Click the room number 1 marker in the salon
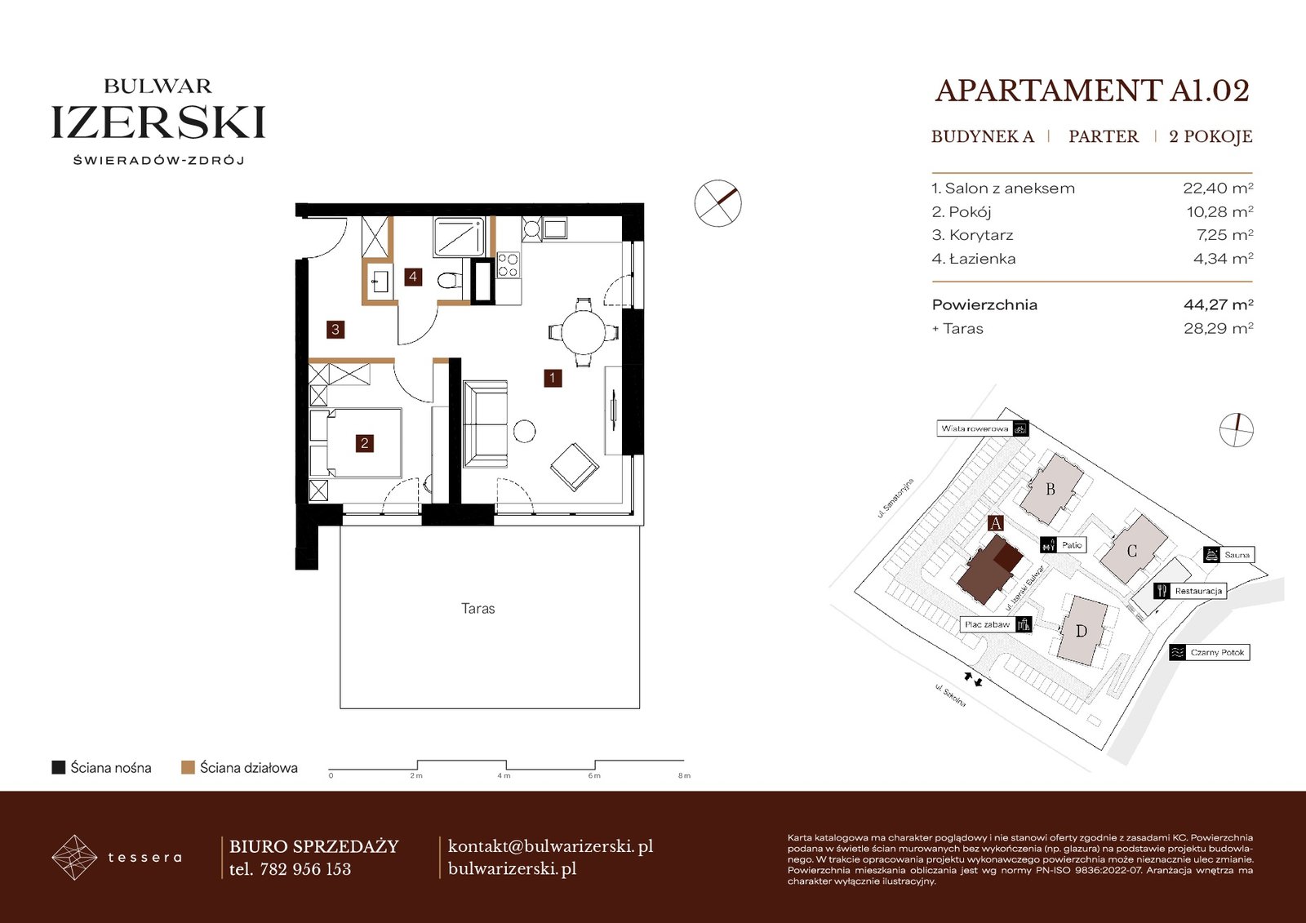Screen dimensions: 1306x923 click(552, 378)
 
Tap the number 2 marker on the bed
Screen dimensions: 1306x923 click(364, 444)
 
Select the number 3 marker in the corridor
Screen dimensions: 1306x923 click(335, 330)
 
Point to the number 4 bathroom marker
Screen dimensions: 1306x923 click(413, 277)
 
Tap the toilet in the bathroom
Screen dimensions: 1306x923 click(450, 281)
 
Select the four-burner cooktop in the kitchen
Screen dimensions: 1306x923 click(508, 264)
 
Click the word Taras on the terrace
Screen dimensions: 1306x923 click(478, 609)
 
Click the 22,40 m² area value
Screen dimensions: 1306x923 click(1218, 188)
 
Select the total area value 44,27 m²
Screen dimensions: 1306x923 click(1219, 304)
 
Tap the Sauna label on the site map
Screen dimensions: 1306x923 click(1237, 554)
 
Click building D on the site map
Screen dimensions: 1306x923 click(1082, 631)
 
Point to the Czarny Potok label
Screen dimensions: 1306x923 click(1217, 652)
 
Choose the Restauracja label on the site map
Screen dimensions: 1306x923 click(1198, 591)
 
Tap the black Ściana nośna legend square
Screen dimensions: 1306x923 click(58, 767)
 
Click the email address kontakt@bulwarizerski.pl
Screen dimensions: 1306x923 click(550, 846)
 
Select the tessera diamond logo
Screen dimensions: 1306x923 click(74, 857)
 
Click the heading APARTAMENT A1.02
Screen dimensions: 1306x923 click(1092, 91)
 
